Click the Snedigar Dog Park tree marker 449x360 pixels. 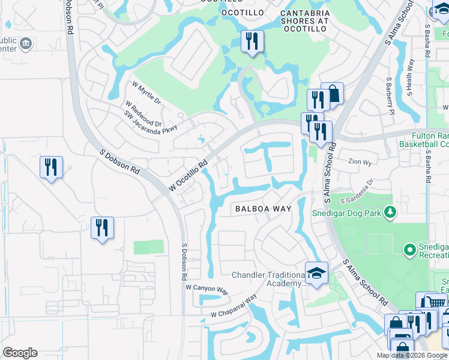point(390,212)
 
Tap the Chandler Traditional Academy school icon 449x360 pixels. point(316,273)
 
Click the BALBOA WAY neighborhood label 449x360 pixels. point(263,209)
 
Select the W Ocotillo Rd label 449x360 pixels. point(188,176)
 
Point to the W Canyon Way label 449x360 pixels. point(206,289)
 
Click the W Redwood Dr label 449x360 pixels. point(144,107)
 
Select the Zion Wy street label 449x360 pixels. point(360,161)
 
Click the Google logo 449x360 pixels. point(20,353)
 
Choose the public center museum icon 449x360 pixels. point(25,43)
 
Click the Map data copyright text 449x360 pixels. point(412,355)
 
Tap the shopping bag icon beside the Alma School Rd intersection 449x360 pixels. point(333,94)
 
